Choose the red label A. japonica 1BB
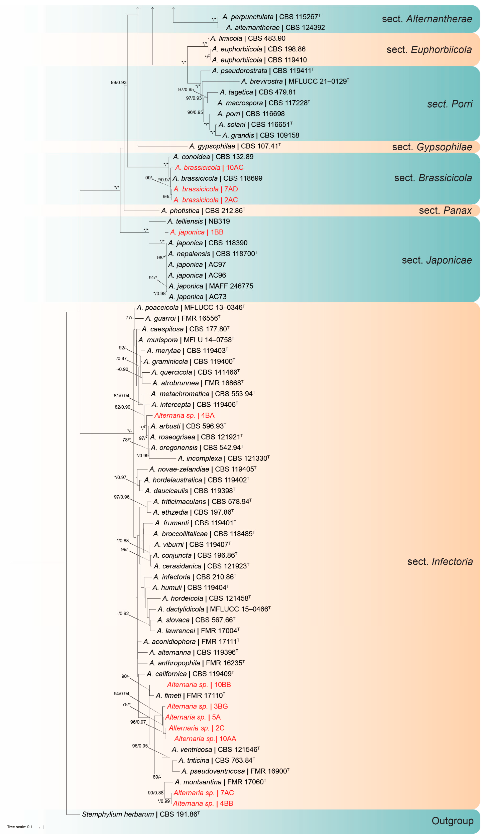(x=196, y=232)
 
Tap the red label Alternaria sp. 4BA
(x=184, y=415)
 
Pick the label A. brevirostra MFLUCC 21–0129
(x=295, y=81)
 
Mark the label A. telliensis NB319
(x=198, y=222)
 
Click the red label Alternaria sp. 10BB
(x=199, y=685)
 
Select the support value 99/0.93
(x=119, y=83)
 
